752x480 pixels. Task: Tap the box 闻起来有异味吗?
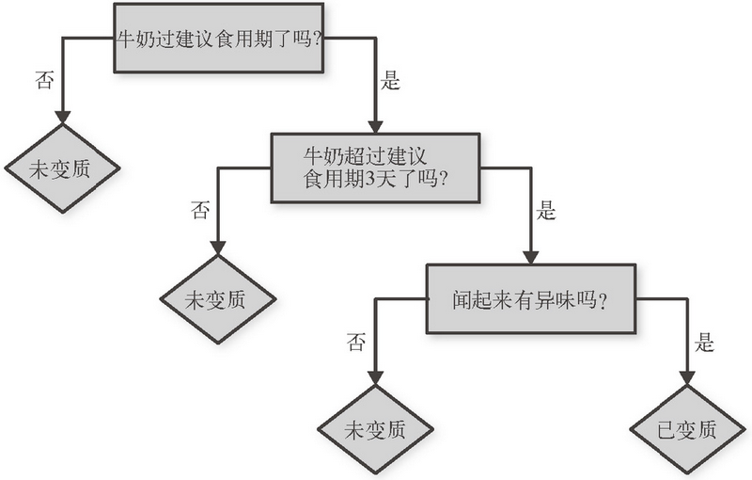point(531,299)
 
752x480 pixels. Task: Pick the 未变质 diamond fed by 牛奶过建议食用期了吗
point(62,168)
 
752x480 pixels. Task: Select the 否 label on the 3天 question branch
point(200,209)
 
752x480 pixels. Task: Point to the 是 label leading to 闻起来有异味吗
point(546,209)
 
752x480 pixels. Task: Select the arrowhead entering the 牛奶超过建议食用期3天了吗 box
point(374,126)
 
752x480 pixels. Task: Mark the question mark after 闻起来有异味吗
point(600,301)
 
